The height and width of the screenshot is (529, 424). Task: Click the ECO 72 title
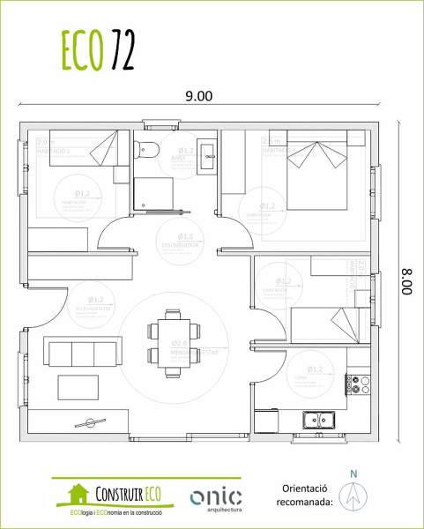click(x=98, y=51)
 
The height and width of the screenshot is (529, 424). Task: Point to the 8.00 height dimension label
click(x=406, y=280)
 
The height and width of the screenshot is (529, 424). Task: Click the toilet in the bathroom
click(x=146, y=152)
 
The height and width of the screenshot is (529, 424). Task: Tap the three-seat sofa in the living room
click(x=82, y=354)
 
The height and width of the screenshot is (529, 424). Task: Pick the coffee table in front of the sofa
click(x=78, y=387)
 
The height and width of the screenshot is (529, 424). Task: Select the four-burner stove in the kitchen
click(x=357, y=384)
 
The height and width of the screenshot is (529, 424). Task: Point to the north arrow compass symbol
click(x=354, y=498)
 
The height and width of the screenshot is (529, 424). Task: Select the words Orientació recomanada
click(x=307, y=495)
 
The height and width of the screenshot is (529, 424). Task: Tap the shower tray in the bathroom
click(x=154, y=193)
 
